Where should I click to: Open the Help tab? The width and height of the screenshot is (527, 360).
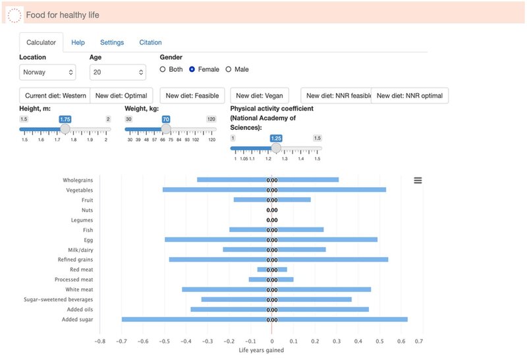click(x=78, y=42)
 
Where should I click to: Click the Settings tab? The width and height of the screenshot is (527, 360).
click(x=112, y=42)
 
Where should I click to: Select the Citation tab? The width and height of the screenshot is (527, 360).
click(x=150, y=42)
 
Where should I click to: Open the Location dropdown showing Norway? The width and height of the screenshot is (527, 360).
click(x=47, y=72)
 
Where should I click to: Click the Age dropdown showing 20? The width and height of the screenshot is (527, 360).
click(x=117, y=72)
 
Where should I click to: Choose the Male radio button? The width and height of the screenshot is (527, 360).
click(x=229, y=69)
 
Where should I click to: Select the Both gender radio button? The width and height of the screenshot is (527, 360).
click(x=163, y=69)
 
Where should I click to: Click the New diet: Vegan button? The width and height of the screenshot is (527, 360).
click(x=260, y=96)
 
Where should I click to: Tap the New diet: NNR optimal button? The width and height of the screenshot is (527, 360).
click(x=410, y=96)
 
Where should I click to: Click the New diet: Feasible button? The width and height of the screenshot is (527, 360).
click(x=192, y=96)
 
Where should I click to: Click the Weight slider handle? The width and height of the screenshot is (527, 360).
click(x=166, y=129)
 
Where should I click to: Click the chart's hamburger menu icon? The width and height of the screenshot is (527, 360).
click(x=418, y=180)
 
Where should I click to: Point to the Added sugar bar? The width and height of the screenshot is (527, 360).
click(x=263, y=319)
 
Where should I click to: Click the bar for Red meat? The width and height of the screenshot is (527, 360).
click(x=272, y=269)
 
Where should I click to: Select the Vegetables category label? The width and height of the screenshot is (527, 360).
click(x=78, y=190)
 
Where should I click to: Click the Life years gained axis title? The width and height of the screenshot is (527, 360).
click(x=261, y=351)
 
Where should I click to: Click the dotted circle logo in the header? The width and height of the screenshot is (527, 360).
click(x=14, y=15)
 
